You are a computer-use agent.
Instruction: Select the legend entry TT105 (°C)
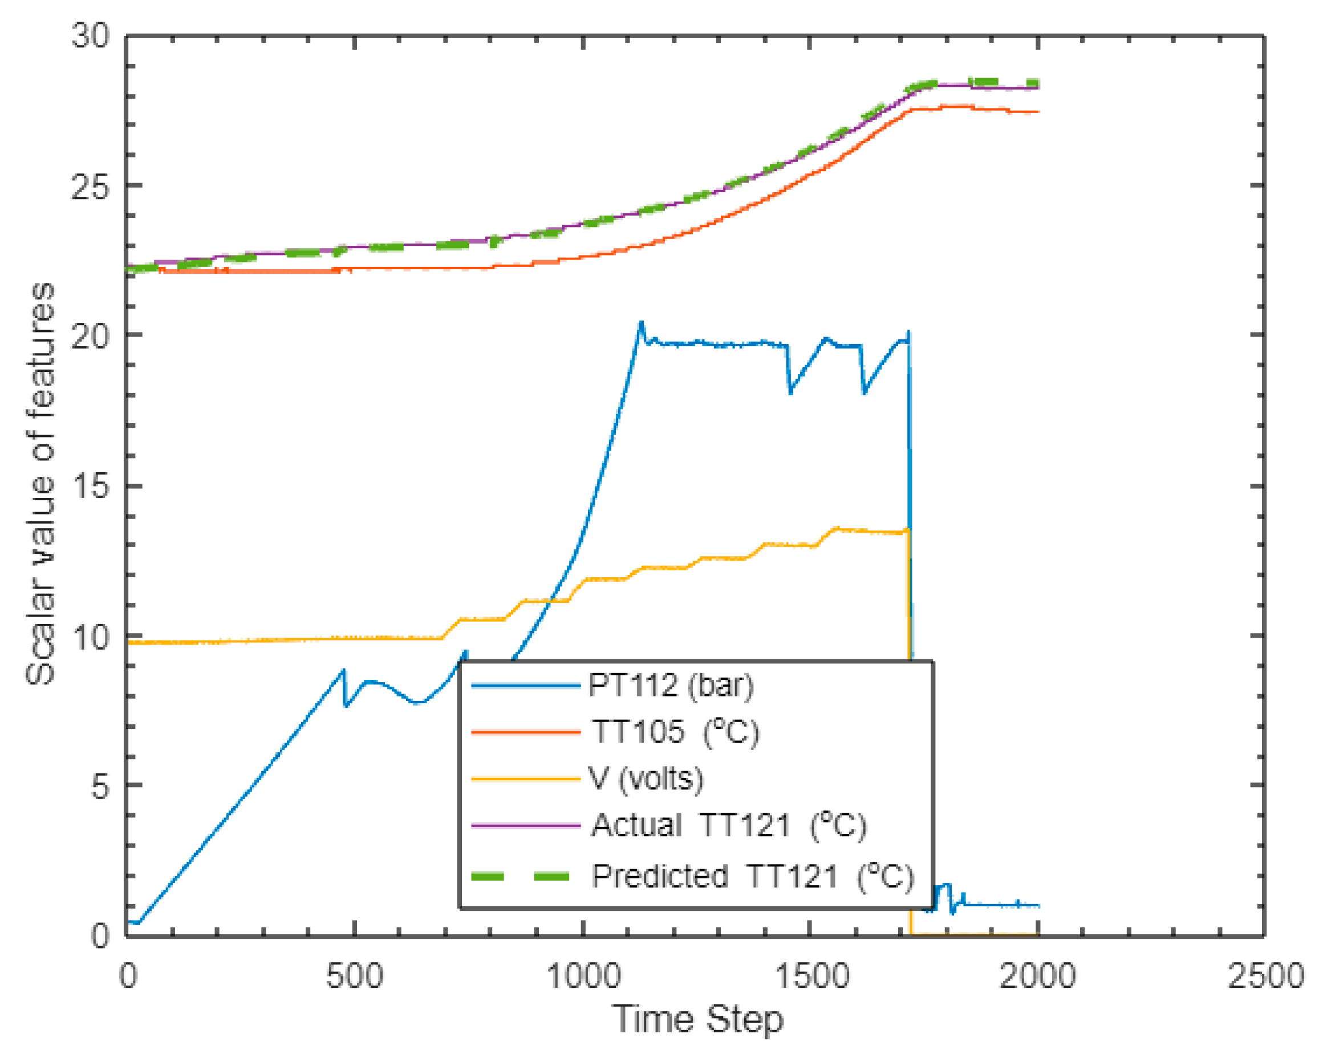coord(675,732)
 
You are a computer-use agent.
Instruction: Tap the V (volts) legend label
coord(646,779)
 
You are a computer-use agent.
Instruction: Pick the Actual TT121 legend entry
coord(729,825)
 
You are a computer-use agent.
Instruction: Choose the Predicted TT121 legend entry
coord(753,876)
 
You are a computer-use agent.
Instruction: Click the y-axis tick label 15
coord(90,486)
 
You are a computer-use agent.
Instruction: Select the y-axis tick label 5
coord(100,785)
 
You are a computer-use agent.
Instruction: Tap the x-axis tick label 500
coord(354,976)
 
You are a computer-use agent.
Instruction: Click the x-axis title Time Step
coord(697,1019)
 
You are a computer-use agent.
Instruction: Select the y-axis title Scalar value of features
coord(40,483)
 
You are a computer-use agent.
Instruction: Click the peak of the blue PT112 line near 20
coord(640,322)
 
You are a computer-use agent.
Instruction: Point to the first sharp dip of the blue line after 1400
coord(790,393)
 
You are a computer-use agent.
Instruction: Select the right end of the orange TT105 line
coord(1038,112)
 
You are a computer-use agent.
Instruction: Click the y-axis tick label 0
coord(100,935)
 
